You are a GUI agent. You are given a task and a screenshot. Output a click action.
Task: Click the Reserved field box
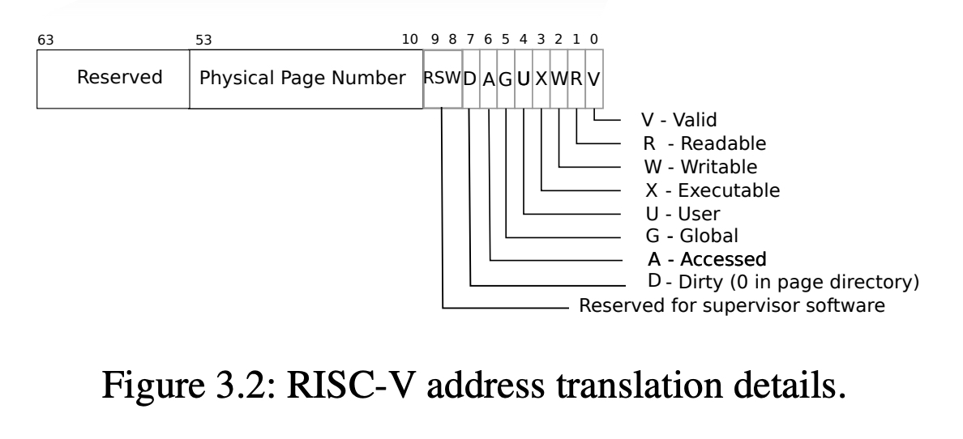[x=113, y=79]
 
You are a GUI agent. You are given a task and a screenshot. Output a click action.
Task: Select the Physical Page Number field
[x=306, y=79]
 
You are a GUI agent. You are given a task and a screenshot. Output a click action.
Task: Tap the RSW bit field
[x=443, y=79]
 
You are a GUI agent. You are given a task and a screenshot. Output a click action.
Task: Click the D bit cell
[x=470, y=79]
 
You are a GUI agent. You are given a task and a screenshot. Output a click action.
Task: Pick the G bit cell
[x=506, y=79]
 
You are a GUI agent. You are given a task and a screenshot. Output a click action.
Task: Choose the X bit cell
[x=541, y=79]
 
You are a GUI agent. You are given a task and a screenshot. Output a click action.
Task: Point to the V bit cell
[x=594, y=79]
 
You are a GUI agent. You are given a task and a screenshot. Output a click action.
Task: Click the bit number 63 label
[x=45, y=40]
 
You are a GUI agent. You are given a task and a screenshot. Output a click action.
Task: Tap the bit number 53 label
[x=203, y=40]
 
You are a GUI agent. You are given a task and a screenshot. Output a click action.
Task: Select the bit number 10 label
[x=409, y=40]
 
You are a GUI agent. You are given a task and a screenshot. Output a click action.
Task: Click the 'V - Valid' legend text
[x=678, y=120]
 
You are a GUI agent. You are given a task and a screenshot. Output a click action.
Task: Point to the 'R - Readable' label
[x=704, y=143]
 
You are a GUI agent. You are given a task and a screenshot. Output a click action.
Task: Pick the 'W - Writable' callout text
[x=700, y=166]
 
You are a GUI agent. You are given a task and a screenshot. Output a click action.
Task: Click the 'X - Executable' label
[x=713, y=190]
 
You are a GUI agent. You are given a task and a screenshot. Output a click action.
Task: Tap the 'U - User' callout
[x=683, y=214]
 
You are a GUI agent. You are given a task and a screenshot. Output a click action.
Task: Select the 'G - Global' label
[x=691, y=236]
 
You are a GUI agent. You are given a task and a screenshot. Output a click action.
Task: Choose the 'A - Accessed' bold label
[x=707, y=259]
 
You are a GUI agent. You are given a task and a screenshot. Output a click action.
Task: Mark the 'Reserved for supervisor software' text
[x=732, y=305]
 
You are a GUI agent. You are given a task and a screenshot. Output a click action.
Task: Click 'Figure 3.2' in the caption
[x=188, y=386]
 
